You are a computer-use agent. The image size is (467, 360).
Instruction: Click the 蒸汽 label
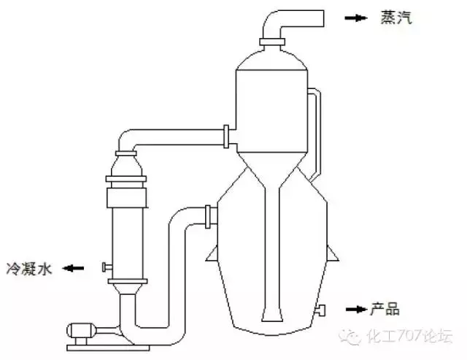tap(396, 18)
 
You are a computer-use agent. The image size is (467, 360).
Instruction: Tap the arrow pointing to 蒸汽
tap(355, 18)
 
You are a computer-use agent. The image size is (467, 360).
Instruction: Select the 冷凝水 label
tap(29, 269)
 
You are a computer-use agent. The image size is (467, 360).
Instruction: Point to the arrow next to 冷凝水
tap(73, 268)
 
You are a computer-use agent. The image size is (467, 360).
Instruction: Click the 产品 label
tap(385, 309)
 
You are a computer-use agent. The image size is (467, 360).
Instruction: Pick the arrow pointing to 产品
tap(357, 310)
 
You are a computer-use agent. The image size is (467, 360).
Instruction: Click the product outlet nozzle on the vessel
tap(321, 310)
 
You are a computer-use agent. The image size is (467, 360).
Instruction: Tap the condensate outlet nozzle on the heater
tap(107, 267)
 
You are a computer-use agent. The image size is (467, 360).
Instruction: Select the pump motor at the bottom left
tap(81, 331)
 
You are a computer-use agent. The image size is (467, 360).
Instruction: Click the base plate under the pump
tap(108, 348)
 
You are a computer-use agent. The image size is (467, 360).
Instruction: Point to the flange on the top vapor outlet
tap(272, 42)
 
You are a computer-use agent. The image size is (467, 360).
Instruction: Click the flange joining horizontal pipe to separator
tap(226, 137)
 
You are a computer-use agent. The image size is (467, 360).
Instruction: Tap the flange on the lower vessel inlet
tap(208, 217)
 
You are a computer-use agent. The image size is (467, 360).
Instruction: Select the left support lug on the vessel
tap(212, 254)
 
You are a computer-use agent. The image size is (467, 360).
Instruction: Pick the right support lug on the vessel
tap(333, 253)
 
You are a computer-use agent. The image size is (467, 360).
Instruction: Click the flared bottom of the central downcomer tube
tap(272, 315)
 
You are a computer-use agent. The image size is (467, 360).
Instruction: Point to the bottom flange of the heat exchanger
tap(128, 281)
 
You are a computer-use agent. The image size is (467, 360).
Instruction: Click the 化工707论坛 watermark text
tap(409, 336)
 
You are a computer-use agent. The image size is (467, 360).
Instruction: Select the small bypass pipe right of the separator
tap(316, 134)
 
